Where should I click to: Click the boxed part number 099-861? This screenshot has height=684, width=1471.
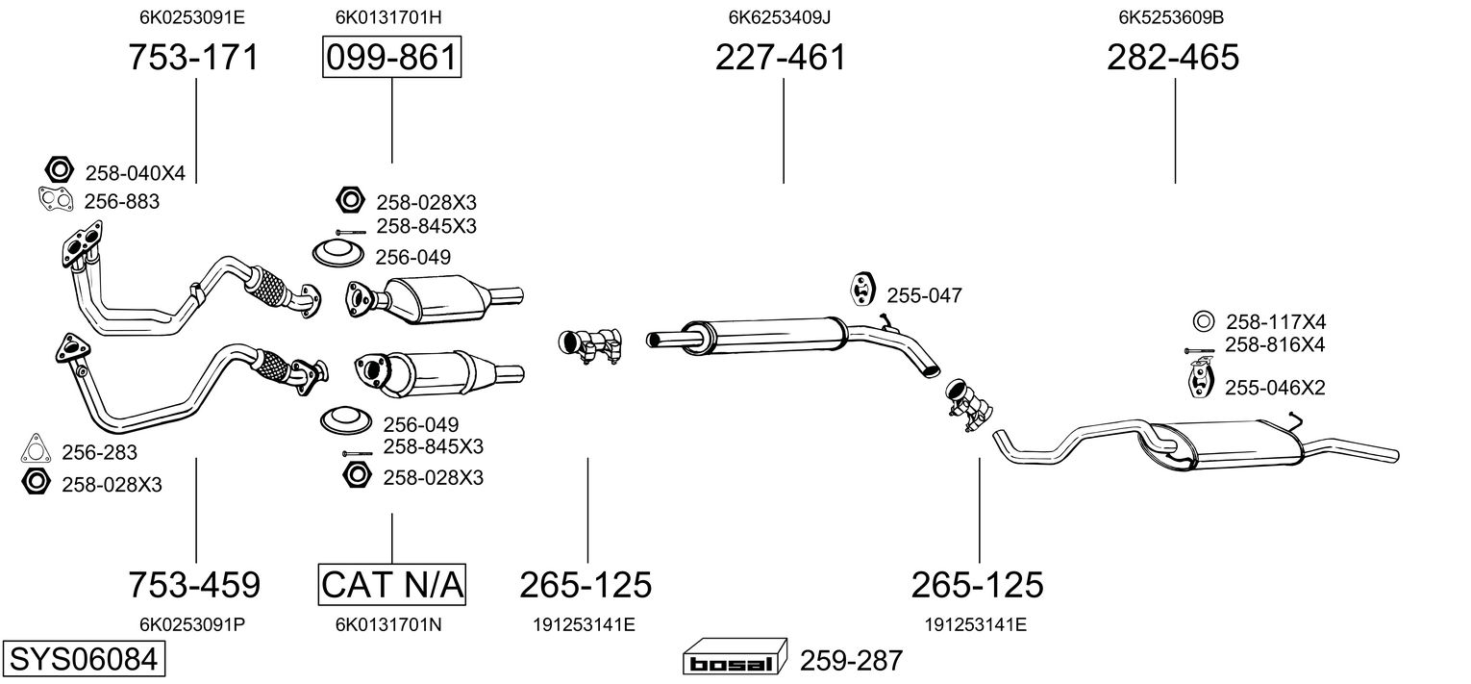pyautogui.click(x=391, y=57)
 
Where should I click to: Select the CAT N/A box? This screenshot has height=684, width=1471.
pyautogui.click(x=392, y=584)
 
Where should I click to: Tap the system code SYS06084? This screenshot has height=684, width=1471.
pyautogui.click(x=84, y=659)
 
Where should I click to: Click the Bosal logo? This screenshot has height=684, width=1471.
pyautogui.click(x=735, y=657)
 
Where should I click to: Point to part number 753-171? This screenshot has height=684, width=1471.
pyautogui.click(x=193, y=57)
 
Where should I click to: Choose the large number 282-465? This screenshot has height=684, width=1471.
pyautogui.click(x=1173, y=57)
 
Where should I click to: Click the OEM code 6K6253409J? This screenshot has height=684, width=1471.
pyautogui.click(x=780, y=17)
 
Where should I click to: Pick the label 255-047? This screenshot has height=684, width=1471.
pyautogui.click(x=924, y=295)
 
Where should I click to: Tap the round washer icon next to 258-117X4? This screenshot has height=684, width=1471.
pyautogui.click(x=1203, y=322)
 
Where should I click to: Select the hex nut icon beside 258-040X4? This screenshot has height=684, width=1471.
pyautogui.click(x=59, y=170)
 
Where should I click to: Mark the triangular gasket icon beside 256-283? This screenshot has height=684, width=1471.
pyautogui.click(x=36, y=448)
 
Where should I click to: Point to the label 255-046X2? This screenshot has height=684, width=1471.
pyautogui.click(x=1275, y=388)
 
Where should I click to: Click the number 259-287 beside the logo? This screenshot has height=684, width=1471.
pyautogui.click(x=851, y=660)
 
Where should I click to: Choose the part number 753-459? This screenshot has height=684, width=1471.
pyautogui.click(x=193, y=584)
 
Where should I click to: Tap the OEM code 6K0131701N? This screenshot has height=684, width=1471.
pyautogui.click(x=388, y=624)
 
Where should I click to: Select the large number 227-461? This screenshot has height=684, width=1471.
pyautogui.click(x=780, y=57)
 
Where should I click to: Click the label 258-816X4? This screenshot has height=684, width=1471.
pyautogui.click(x=1275, y=345)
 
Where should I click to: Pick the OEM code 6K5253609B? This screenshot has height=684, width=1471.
pyautogui.click(x=1171, y=17)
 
